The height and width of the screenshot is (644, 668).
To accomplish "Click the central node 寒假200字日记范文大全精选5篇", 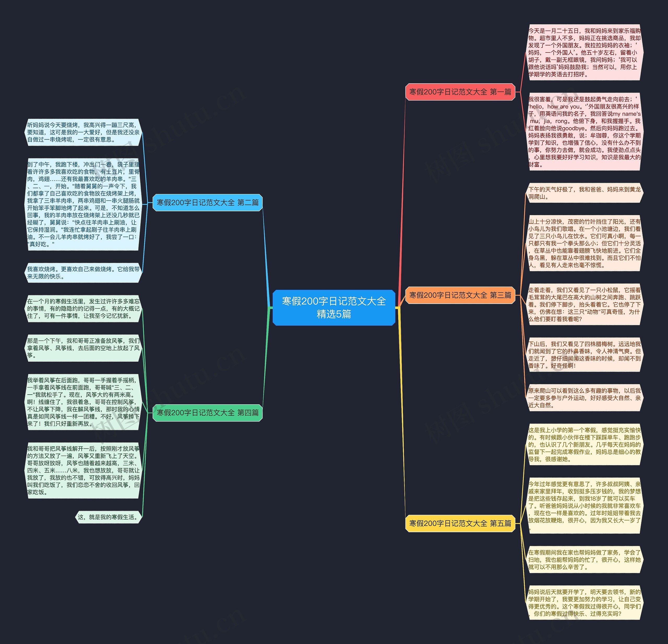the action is point(334,307).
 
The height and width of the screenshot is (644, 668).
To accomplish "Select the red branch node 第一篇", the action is point(460,92).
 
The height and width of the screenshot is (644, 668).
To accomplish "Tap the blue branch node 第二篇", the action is point(207,203).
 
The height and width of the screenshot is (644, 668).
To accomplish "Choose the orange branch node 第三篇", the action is point(460,295).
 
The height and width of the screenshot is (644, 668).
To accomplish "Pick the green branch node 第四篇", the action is point(207,413).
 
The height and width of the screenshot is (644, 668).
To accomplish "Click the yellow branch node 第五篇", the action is point(460,523).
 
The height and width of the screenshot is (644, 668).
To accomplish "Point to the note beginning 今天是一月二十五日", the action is point(584,52).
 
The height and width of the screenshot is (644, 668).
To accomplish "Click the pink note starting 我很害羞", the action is point(584,132).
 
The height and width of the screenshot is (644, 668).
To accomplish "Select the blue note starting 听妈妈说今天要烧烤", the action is point(83,132).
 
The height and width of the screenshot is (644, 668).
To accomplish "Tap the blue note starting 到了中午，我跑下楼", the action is point(83,204).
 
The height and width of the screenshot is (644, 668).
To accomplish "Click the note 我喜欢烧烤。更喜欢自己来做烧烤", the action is point(83,273).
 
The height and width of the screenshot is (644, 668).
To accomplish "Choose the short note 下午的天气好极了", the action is point(584,193).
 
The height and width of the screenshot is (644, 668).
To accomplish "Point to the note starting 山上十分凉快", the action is point(584,243).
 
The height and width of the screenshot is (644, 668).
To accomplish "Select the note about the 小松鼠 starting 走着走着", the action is point(584,304).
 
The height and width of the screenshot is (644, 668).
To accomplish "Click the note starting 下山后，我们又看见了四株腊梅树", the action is point(584,355).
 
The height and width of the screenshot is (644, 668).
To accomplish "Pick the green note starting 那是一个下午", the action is point(83,348).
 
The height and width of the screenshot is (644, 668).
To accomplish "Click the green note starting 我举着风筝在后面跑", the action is point(83,402).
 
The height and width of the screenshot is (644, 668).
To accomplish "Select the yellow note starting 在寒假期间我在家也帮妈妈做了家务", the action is point(584,560).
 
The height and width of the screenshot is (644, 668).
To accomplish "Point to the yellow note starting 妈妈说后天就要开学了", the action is point(584,603).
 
